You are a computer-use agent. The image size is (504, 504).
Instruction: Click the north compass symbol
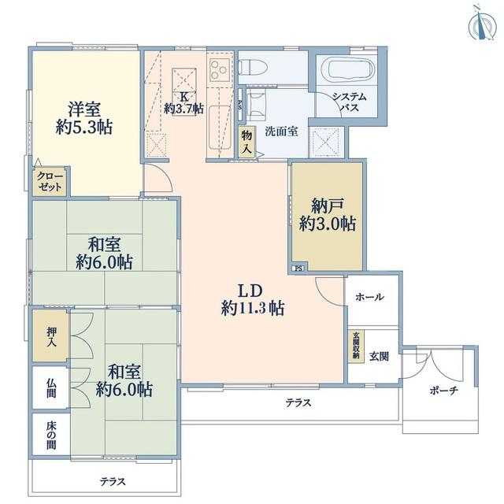coord(483,25)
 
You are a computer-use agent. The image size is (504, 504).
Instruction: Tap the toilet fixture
coord(254,67)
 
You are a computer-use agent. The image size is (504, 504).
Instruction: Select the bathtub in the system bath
coord(351,69)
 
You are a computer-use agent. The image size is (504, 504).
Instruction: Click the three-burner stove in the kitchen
coord(220,70)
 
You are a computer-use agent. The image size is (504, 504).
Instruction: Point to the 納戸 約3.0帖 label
coord(328,214)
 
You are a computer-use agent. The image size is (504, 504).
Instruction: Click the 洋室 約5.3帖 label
coord(84,117)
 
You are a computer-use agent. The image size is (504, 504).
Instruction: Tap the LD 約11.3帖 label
coord(253,299)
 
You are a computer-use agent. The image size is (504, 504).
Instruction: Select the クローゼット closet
coord(50,181)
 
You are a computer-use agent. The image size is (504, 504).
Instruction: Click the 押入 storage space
coord(50,335)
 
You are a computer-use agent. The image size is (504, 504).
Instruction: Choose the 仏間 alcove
coord(50,387)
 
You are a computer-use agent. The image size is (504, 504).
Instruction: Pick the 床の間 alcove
coord(51,435)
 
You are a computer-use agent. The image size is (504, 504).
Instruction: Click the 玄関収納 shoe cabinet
coord(357,346)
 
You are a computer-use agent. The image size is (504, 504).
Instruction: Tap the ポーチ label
coord(444,391)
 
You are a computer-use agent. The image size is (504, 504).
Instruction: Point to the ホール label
coord(369,297)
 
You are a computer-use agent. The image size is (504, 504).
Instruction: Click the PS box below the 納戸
coord(298,269)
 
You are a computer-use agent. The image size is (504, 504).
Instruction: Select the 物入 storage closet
coord(247,142)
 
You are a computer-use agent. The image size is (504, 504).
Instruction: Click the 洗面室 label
coord(282,132)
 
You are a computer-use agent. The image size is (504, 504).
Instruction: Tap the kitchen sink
coord(220,127)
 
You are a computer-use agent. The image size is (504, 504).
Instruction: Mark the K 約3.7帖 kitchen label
coord(183,102)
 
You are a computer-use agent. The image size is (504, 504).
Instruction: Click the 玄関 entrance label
coord(379,356)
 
